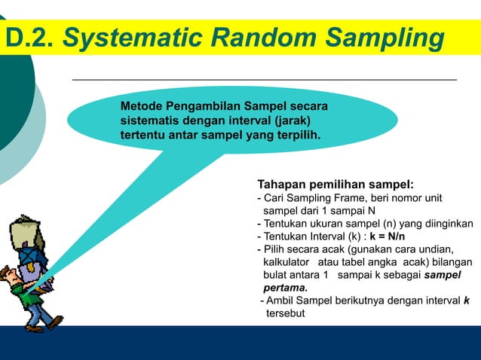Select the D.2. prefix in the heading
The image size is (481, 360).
point(30,38)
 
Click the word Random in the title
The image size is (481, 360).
point(263,38)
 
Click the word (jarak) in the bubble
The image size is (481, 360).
point(283,121)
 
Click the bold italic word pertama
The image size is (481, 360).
point(285,288)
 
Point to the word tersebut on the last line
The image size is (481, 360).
point(285,313)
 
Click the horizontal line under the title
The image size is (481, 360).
point(264,78)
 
